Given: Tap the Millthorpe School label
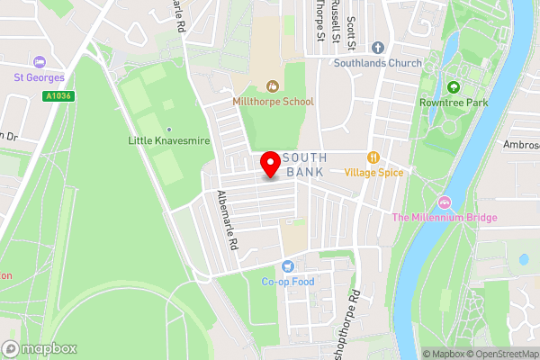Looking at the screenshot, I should click(x=273, y=102).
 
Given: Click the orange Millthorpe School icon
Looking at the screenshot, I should click(x=273, y=86).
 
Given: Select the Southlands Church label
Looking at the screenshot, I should click(x=377, y=63).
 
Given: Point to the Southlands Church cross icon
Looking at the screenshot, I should click(x=377, y=47).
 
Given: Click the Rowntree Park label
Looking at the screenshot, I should click(x=453, y=103).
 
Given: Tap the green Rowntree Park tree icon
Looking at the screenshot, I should click(x=453, y=87).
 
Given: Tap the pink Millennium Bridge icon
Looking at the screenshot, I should click(x=443, y=201).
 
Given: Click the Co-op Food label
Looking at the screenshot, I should click(x=288, y=281).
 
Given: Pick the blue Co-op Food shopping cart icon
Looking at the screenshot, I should click(x=288, y=265).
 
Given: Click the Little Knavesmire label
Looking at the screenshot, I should click(x=166, y=140).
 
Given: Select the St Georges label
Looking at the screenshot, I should click(x=39, y=77).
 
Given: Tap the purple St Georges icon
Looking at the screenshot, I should click(x=39, y=62).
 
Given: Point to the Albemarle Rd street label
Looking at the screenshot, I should click(x=226, y=220).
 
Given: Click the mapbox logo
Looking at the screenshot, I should click(x=40, y=348).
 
